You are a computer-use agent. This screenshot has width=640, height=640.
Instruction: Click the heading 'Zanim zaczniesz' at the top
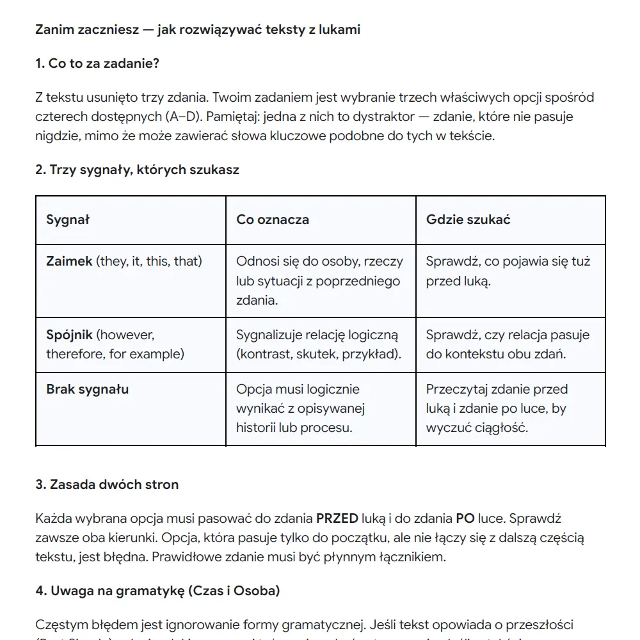point(197,29)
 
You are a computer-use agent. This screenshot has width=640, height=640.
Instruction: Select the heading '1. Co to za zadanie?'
point(97,63)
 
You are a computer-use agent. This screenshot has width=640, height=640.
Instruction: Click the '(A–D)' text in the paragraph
point(182,116)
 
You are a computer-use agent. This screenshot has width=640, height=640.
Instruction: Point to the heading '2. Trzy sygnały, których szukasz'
point(137,170)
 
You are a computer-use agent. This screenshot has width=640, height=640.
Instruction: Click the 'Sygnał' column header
point(68,220)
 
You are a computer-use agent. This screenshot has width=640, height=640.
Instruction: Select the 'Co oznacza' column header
point(273,220)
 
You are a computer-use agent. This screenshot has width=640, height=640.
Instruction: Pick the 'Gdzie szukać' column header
point(468,220)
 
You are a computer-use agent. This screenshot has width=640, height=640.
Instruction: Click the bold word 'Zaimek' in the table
point(69,261)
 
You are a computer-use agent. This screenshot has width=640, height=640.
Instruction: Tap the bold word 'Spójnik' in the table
point(70,335)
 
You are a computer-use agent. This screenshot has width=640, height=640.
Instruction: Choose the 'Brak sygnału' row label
point(87,389)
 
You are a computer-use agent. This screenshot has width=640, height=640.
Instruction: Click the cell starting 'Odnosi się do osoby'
point(319,280)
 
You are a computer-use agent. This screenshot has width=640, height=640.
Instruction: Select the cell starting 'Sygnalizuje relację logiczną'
point(319,344)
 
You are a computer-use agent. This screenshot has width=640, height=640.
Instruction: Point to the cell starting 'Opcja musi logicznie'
point(300,408)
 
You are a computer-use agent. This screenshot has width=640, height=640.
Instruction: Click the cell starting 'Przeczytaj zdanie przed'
point(497,408)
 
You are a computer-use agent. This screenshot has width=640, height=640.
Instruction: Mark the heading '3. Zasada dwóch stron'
point(107,484)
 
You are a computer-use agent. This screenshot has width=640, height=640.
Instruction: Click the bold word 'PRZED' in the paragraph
point(337,518)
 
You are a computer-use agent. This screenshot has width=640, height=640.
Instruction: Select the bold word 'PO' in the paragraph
point(465,518)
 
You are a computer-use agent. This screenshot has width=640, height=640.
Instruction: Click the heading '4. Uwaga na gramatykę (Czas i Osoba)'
point(157,591)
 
